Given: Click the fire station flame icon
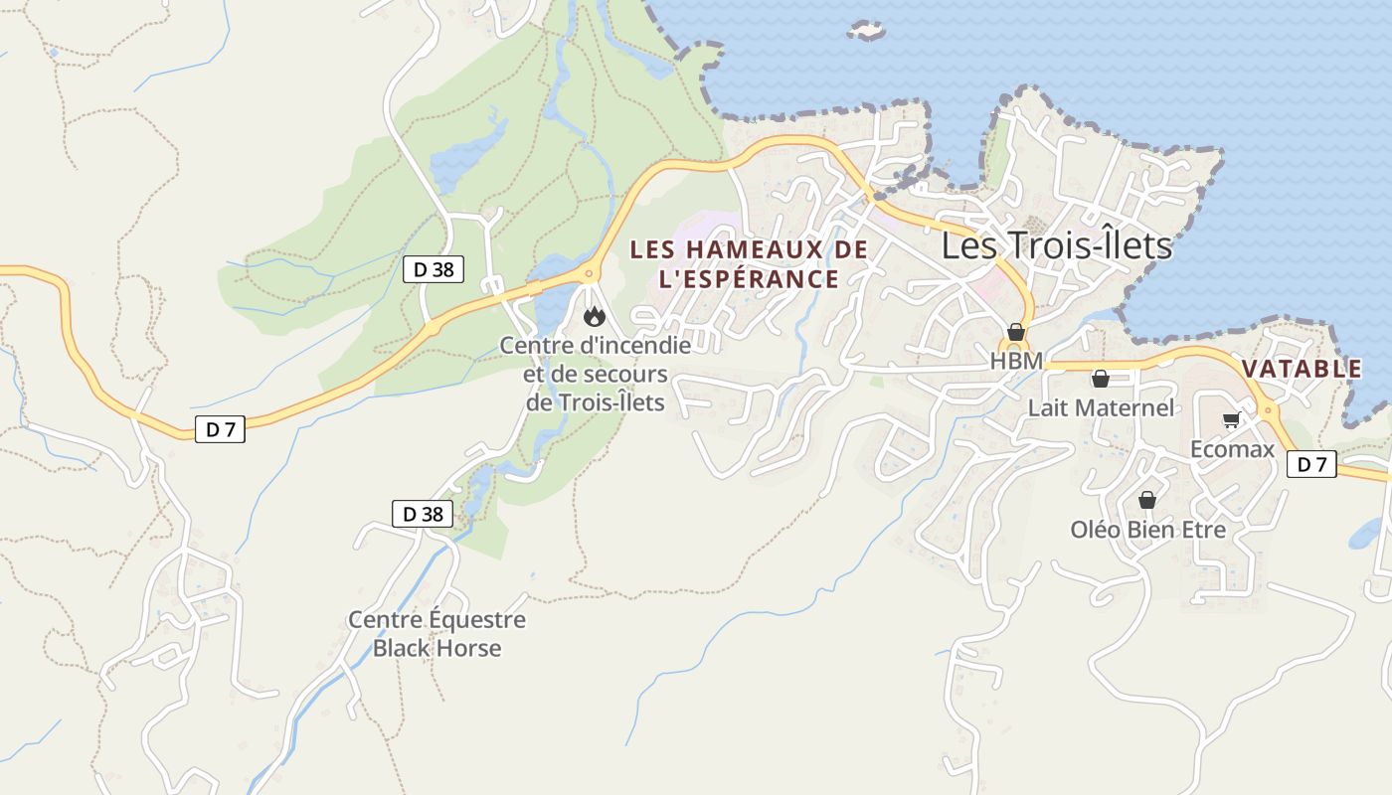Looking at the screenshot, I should [x=595, y=316].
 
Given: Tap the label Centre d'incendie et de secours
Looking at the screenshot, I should [x=595, y=374].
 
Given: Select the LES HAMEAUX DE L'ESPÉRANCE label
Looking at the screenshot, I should [x=749, y=264].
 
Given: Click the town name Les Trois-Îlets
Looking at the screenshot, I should [x=1057, y=244].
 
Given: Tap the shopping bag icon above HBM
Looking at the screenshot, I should [x=1015, y=332].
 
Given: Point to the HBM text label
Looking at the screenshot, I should [x=1015, y=362].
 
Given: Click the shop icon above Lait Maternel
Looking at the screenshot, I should [x=1100, y=379].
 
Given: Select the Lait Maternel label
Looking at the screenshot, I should [x=1101, y=407].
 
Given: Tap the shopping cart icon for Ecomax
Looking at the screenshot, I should [x=1231, y=420].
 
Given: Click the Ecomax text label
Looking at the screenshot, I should [x=1232, y=449].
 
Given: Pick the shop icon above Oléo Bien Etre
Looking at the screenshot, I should [x=1147, y=500].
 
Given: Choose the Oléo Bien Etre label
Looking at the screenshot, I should [x=1147, y=530].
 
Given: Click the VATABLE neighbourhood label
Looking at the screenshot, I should [x=1302, y=369].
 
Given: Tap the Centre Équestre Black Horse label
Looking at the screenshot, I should [x=436, y=634].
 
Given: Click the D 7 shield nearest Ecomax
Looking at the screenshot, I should [x=1311, y=464].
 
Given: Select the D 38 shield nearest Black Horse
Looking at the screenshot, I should [x=423, y=514].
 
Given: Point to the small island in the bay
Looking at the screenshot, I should [x=867, y=31].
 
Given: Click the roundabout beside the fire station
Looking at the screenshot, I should [x=589, y=273].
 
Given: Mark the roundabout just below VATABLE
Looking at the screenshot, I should [x=1268, y=409].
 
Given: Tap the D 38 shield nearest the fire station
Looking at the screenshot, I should [x=434, y=269].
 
